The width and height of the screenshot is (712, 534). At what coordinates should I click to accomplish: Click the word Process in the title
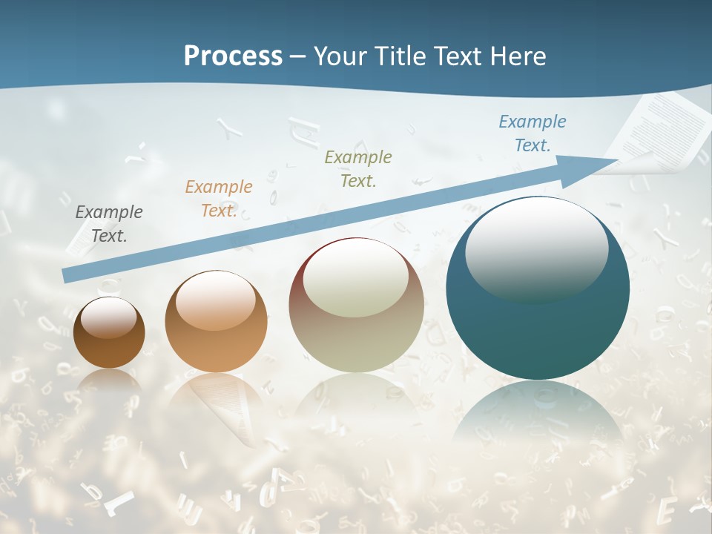(x=233, y=56)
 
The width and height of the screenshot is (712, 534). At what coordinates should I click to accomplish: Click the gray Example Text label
(x=109, y=223)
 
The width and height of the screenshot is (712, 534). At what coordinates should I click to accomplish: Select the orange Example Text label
(x=219, y=198)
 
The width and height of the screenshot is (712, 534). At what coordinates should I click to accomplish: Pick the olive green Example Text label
(x=358, y=168)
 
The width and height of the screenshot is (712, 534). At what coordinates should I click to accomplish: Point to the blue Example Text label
(x=532, y=133)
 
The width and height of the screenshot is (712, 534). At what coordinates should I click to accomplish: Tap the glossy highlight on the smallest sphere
(x=109, y=317)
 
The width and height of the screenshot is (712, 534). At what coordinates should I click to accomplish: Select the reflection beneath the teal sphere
(x=538, y=415)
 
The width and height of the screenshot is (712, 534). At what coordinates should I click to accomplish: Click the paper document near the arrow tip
(x=660, y=130)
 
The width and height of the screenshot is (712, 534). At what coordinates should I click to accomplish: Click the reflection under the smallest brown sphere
(x=109, y=382)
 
